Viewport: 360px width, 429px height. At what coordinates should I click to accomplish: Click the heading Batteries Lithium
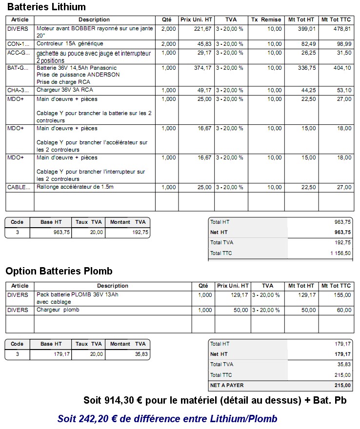pos(46,7)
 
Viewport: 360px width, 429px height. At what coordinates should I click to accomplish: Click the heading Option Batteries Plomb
pos(60,271)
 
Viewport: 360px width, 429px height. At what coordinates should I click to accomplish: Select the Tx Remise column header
pos(266,19)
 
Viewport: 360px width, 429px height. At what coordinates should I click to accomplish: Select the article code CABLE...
pos(19,187)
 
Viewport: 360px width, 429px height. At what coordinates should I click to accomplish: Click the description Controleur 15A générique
pos(70,44)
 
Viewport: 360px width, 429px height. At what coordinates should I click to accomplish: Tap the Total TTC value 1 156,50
pos(340,253)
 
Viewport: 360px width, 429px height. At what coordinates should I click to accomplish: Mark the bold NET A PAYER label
pos(227,385)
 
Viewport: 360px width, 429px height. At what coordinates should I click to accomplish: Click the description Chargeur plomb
pos(58,310)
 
